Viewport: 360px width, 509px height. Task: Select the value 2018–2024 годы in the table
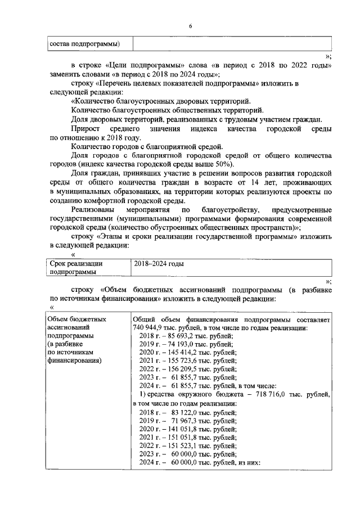point(159,263)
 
